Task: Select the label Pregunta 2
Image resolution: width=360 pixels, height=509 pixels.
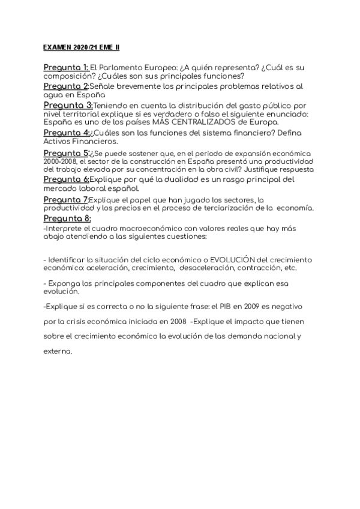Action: click(66, 87)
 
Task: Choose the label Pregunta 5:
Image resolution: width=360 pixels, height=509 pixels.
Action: click(66, 153)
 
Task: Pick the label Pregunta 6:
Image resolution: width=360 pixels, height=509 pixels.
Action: click(66, 179)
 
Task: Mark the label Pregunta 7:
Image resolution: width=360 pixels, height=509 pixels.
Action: click(66, 199)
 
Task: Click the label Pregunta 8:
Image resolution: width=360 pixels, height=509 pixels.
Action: click(66, 218)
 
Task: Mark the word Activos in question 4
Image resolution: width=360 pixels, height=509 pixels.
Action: click(58, 142)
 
